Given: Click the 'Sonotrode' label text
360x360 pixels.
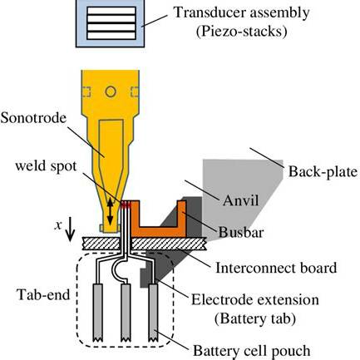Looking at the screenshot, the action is click(33, 118).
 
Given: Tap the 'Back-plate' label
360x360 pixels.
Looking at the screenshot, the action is click(323, 171).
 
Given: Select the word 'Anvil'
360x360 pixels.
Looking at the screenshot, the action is click(240, 200).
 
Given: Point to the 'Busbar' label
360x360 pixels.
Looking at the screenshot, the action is click(241, 232).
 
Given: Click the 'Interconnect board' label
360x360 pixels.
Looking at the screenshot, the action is click(276, 268).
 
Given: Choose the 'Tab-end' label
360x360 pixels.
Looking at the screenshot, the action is click(43, 294).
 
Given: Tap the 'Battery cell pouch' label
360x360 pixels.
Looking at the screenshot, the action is click(252, 351).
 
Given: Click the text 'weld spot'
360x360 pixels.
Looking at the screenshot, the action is click(46, 166).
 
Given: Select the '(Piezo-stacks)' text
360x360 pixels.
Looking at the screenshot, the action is click(241, 32).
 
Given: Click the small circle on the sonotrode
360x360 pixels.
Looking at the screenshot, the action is click(111, 91).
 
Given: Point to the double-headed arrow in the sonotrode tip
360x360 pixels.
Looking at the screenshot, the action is click(110, 212).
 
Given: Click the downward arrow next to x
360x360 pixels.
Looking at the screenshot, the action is click(70, 229).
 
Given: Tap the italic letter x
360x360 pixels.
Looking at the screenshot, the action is click(58, 224).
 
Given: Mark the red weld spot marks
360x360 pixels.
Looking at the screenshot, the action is click(126, 205).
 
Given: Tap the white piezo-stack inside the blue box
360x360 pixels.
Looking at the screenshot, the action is click(111, 23).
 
